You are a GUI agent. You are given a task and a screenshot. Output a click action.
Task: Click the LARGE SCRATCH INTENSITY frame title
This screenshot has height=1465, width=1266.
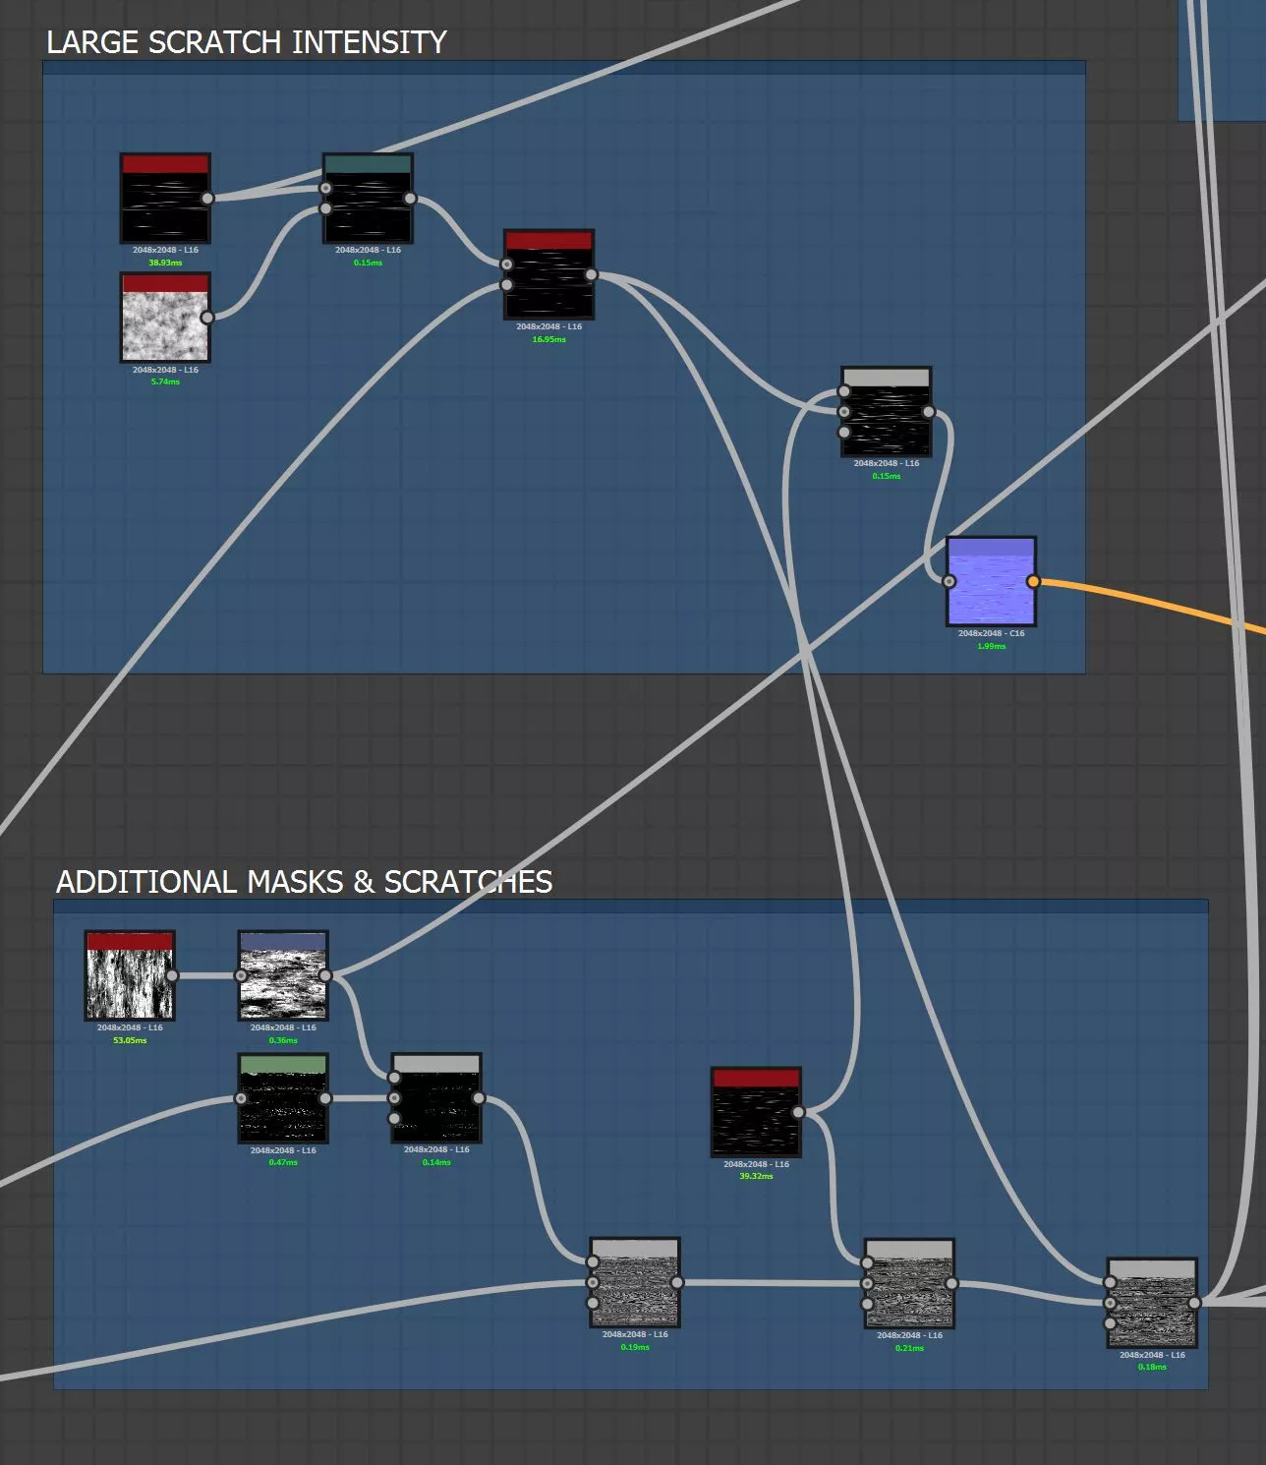point(247,42)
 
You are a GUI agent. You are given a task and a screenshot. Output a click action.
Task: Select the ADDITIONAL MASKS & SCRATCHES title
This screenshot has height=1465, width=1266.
point(304,882)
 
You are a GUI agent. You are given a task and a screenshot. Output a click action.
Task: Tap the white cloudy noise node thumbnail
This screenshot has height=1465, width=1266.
point(165,319)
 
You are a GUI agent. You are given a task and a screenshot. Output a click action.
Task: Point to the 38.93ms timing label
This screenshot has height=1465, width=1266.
point(165,263)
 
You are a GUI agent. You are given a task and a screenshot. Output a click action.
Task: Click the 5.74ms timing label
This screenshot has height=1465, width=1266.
point(165,381)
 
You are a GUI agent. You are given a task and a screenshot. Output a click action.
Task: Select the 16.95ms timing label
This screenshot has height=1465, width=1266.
point(548,339)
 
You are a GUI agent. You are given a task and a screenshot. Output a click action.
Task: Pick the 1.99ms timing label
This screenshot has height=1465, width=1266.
point(991,646)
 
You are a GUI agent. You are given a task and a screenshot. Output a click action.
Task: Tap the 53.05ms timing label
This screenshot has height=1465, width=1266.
point(130,1040)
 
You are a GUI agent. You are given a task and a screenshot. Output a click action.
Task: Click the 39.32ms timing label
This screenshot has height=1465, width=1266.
point(756,1176)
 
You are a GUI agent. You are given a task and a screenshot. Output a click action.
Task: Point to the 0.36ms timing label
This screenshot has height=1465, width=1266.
point(283,1040)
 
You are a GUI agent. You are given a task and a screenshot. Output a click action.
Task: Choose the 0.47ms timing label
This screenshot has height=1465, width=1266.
point(283,1162)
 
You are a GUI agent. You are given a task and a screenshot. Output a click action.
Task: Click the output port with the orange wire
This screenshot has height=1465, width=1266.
point(1033,581)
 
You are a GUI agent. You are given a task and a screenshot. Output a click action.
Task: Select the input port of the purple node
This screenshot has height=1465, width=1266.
point(949,581)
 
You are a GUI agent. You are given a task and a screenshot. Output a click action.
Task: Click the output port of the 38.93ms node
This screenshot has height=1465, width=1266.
point(207,199)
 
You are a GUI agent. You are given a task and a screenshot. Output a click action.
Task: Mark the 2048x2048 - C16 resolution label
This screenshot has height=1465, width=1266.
point(991,633)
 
